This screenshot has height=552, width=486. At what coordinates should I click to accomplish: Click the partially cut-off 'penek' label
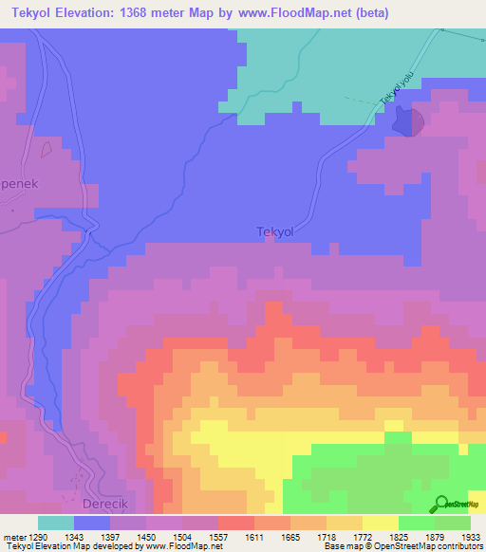pyautogui.click(x=19, y=184)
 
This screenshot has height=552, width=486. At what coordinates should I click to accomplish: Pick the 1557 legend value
pyautogui.click(x=216, y=537)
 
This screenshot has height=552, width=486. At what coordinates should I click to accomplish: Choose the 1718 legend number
pyautogui.click(x=326, y=537)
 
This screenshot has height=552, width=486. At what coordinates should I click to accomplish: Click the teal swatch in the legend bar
pyautogui.click(x=56, y=523)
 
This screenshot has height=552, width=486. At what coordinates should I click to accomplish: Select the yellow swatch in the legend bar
pyautogui.click(x=381, y=523)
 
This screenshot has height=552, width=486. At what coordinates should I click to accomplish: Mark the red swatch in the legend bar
pyautogui.click(x=236, y=523)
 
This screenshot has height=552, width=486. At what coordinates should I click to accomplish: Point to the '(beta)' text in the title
pyautogui.click(x=366, y=13)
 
